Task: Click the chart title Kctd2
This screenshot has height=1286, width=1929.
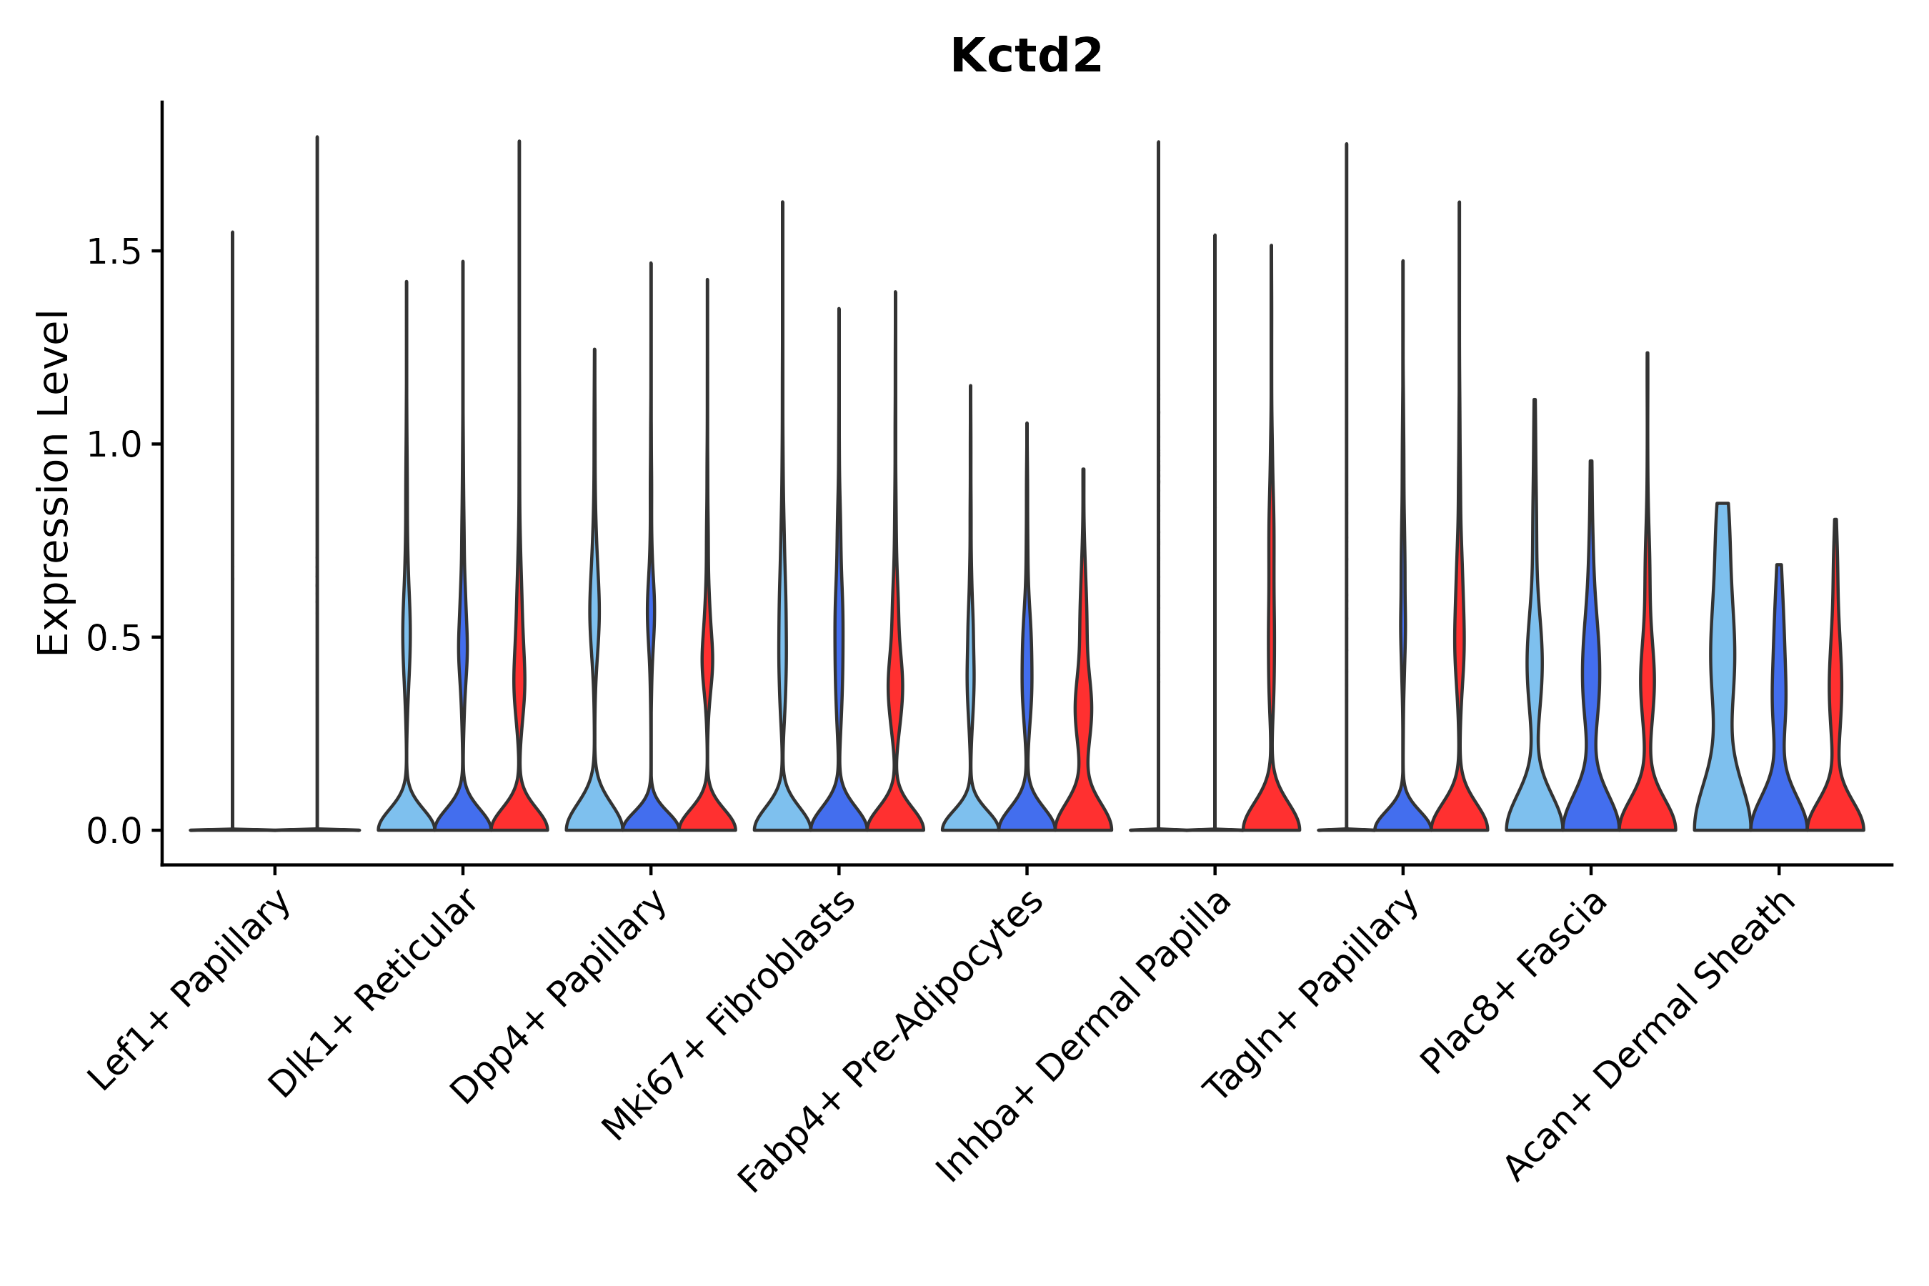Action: [1025, 57]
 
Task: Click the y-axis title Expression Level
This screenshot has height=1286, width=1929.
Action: [54, 482]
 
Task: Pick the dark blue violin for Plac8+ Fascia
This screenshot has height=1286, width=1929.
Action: [1591, 738]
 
